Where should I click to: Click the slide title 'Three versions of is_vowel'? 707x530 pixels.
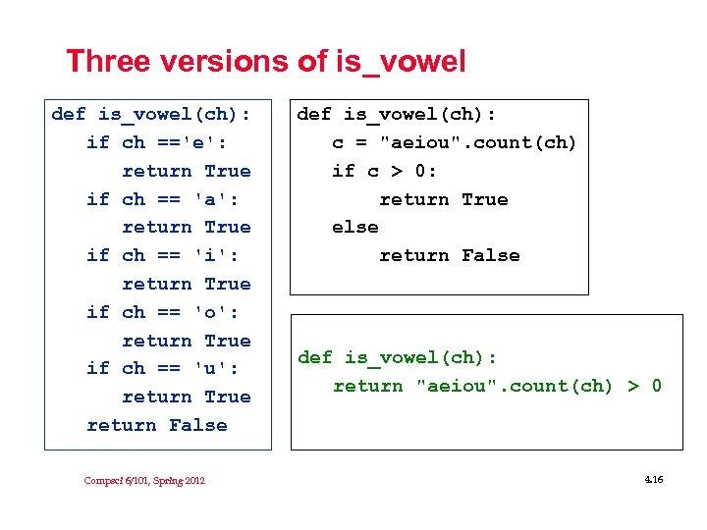(265, 61)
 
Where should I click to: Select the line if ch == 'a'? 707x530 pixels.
(162, 199)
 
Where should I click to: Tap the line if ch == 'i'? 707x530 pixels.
(162, 255)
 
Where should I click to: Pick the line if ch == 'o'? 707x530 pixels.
(162, 312)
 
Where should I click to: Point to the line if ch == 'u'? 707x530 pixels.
(162, 368)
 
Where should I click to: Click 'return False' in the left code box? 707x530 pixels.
(157, 425)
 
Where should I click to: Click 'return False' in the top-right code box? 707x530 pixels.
(449, 255)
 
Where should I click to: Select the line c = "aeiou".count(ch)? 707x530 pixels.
(454, 142)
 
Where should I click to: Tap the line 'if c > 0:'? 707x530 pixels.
(384, 171)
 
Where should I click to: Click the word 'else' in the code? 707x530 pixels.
(354, 228)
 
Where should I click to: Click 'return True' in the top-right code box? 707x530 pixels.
(443, 199)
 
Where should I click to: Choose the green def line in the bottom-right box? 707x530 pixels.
(397, 357)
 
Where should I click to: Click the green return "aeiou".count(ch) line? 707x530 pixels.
(497, 386)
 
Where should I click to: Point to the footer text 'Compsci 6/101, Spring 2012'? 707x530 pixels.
(144, 480)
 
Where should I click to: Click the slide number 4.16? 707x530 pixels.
(653, 479)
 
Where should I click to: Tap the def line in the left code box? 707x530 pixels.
(150, 114)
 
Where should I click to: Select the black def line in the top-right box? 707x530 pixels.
(397, 114)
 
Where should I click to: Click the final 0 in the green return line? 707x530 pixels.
(656, 386)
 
